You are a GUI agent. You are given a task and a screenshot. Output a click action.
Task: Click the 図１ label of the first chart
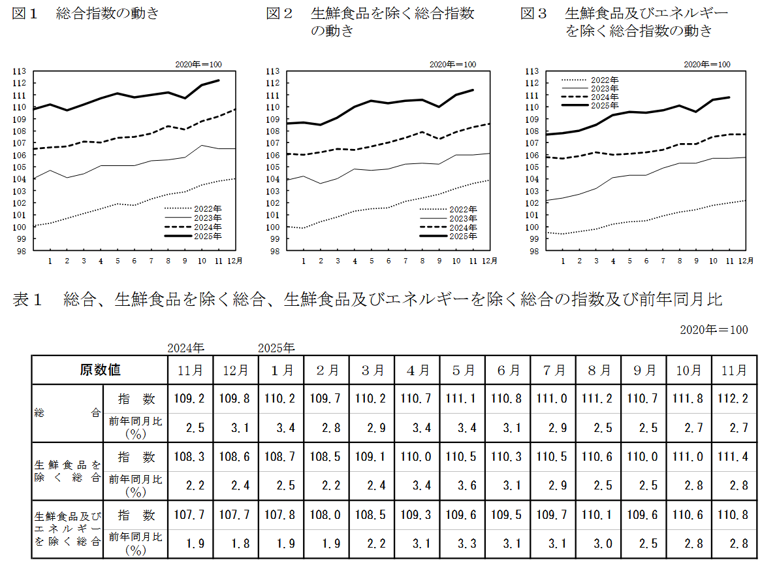click(x=27, y=13)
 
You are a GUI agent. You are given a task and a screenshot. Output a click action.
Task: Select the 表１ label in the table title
click(x=27, y=300)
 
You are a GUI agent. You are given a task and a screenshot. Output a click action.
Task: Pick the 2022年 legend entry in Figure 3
click(x=605, y=80)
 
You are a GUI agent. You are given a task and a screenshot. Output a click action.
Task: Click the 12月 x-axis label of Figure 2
click(x=490, y=261)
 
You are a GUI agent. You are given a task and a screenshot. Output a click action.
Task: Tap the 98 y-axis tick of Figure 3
click(x=533, y=251)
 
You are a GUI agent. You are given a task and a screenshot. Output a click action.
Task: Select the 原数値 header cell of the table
click(x=100, y=370)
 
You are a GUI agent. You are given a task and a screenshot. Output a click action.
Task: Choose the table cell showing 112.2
click(x=734, y=399)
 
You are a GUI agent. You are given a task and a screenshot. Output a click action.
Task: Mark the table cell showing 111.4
click(x=734, y=457)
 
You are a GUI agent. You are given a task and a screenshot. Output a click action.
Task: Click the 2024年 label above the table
click(x=185, y=348)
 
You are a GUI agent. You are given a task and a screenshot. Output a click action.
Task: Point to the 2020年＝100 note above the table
click(x=714, y=329)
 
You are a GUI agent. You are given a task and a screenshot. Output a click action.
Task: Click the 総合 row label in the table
click(x=67, y=413)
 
